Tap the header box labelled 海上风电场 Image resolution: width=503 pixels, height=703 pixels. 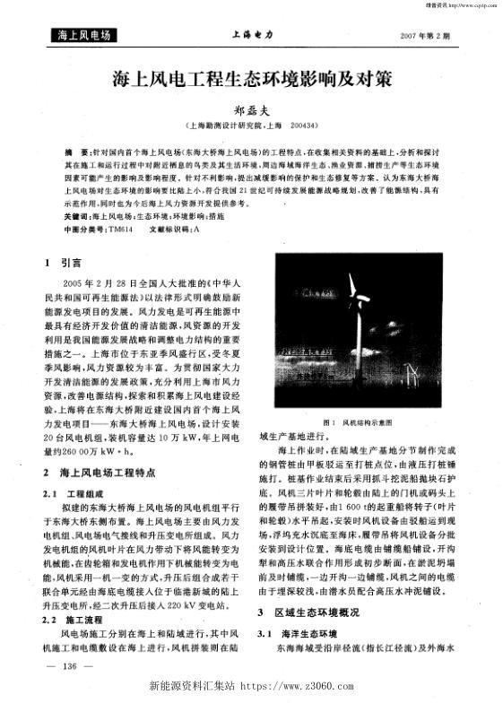click(82, 36)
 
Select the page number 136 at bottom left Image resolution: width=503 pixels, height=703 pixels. click(68, 666)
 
